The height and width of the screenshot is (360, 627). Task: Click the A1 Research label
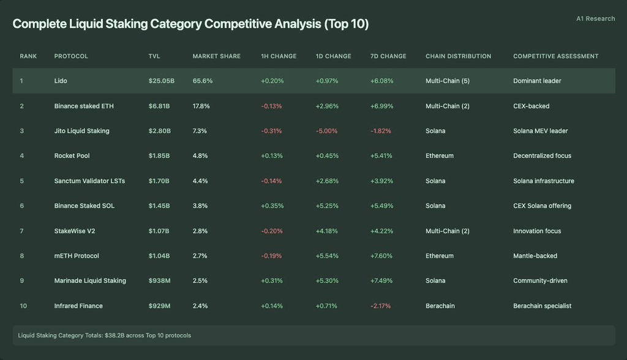coord(595,18)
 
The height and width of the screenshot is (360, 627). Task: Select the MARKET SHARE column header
coord(217,56)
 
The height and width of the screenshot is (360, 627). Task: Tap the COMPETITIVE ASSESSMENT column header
coord(556,56)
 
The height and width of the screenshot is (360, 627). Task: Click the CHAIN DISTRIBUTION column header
coord(458,56)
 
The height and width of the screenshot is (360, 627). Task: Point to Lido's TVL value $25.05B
coord(162,81)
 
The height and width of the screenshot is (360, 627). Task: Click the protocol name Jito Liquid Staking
coord(81,131)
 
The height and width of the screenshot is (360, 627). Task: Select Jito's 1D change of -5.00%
coord(327,131)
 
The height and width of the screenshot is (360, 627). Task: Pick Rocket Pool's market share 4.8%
coord(200,156)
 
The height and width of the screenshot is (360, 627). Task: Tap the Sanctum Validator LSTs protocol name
coord(89,181)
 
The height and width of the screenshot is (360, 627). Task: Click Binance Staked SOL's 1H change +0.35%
coord(272,206)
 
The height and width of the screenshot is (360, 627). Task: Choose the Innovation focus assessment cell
coord(537,231)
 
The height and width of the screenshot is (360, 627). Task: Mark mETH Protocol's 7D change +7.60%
coord(381,255)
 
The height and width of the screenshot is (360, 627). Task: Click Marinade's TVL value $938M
coord(160,281)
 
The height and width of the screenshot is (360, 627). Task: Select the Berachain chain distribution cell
coord(440,306)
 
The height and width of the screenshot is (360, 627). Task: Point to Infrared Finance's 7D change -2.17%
coord(381,306)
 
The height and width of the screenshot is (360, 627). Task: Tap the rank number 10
coord(24,306)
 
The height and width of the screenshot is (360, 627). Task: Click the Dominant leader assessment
coord(537,81)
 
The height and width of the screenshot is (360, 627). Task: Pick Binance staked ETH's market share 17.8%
coord(201,106)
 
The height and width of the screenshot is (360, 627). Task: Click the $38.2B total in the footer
coord(115,335)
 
